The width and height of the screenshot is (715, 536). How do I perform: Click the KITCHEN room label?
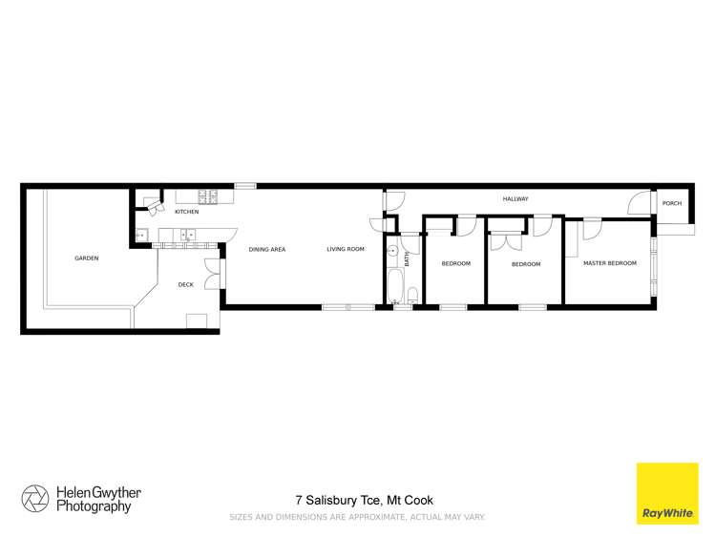pyautogui.click(x=186, y=211)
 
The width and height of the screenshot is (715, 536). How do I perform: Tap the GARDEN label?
pyautogui.click(x=87, y=258)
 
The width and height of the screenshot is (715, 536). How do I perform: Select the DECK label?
pyautogui.click(x=186, y=284)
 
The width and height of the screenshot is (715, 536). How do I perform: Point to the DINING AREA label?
pyautogui.click(x=267, y=249)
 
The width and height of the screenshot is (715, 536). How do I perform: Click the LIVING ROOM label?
pyautogui.click(x=346, y=249)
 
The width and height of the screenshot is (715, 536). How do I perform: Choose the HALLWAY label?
pyautogui.click(x=515, y=198)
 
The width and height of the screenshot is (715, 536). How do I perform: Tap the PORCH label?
pyautogui.click(x=672, y=203)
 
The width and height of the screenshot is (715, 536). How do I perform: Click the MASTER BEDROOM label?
pyautogui.click(x=609, y=263)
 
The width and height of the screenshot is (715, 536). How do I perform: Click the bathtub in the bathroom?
pyautogui.click(x=394, y=284)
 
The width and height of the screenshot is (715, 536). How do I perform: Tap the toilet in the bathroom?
pyautogui.click(x=412, y=294)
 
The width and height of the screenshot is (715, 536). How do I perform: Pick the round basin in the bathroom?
pyautogui.click(x=392, y=251)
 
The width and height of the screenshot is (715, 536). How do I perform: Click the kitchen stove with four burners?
pyautogui.click(x=207, y=197)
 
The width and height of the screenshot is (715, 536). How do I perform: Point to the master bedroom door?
pyautogui.click(x=592, y=227)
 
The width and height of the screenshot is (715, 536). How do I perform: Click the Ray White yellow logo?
pyautogui.click(x=667, y=493)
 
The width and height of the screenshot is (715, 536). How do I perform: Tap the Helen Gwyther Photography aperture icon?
pyautogui.click(x=35, y=499)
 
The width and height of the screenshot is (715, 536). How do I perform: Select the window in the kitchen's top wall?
pyautogui.click(x=245, y=185)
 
